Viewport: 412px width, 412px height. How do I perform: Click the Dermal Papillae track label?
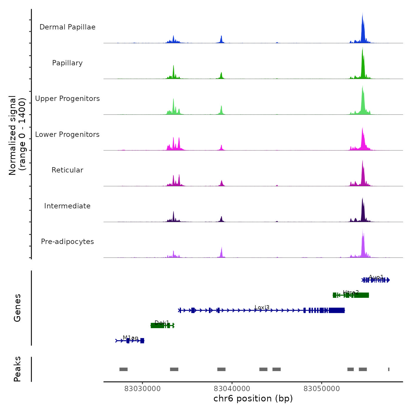coord(67,27)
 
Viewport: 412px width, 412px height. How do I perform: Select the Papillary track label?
coord(67,63)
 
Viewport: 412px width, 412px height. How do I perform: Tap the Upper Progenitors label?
coord(67,99)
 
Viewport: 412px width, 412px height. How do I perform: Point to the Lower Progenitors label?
coord(67,134)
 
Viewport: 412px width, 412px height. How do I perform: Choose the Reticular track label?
coord(67,170)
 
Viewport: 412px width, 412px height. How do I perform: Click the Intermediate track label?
coord(67,206)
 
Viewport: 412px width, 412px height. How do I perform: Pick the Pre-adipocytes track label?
coord(67,242)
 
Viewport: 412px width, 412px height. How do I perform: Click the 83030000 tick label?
coord(142,389)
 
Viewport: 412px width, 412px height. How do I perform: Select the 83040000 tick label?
coord(232,389)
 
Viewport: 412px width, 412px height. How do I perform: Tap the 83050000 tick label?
coord(322,389)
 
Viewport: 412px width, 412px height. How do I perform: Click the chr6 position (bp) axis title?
coord(253,398)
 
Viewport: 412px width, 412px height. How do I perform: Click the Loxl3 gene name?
coord(262,308)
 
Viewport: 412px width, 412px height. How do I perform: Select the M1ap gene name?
coord(130,338)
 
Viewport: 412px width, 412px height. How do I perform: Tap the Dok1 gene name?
coord(162,323)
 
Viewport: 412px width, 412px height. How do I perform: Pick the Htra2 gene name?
coord(351,293)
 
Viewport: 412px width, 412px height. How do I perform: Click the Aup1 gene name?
coord(376,277)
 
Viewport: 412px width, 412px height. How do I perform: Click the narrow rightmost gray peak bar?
coord(389,369)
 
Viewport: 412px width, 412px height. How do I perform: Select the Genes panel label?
coord(17,308)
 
